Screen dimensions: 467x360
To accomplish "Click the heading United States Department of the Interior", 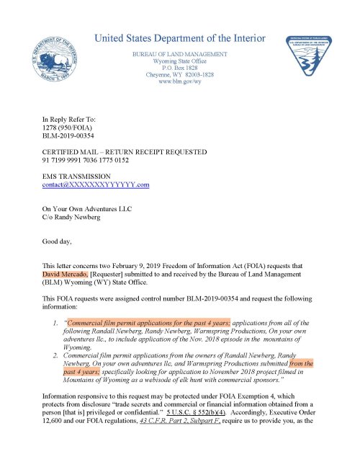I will point(180,37).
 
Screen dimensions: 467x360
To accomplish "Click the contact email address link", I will point(96,185).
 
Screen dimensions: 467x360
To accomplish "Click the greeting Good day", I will point(58,242).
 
